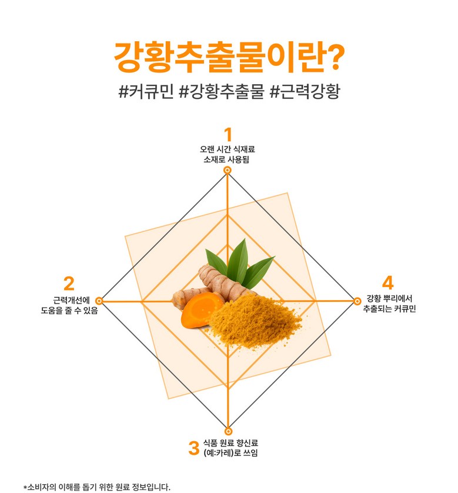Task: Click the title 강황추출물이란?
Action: [x=229, y=56]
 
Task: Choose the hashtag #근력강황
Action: [x=304, y=92]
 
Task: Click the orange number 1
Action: [x=228, y=134]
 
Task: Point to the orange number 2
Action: [x=69, y=284]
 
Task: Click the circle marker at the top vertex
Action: [x=228, y=170]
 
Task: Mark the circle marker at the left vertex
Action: [x=99, y=301]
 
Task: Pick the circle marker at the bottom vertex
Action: [x=228, y=431]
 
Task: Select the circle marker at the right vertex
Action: [x=357, y=301]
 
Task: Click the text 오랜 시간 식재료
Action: [x=228, y=149]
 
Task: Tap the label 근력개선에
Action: [x=71, y=299]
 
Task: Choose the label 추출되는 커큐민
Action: [x=389, y=309]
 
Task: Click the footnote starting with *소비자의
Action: [x=97, y=487]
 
